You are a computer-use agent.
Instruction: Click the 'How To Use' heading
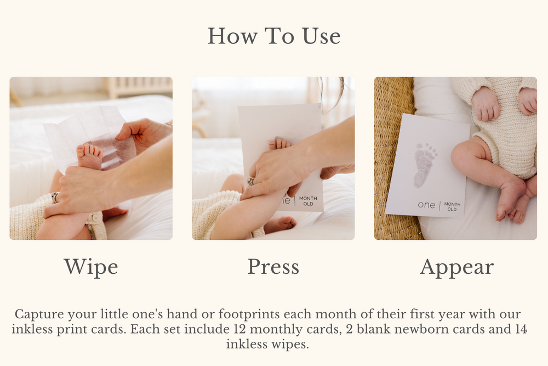click(273, 36)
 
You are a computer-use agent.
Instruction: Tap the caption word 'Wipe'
click(91, 267)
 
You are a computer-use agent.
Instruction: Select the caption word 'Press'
click(273, 267)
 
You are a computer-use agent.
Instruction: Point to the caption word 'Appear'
click(456, 267)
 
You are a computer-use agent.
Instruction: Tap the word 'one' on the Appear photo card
click(426, 205)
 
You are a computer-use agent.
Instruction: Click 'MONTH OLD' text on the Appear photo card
click(452, 207)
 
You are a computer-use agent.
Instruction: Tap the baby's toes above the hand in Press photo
click(279, 144)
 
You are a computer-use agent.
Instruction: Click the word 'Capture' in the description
click(39, 315)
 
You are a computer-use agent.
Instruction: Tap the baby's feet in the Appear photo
click(512, 200)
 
